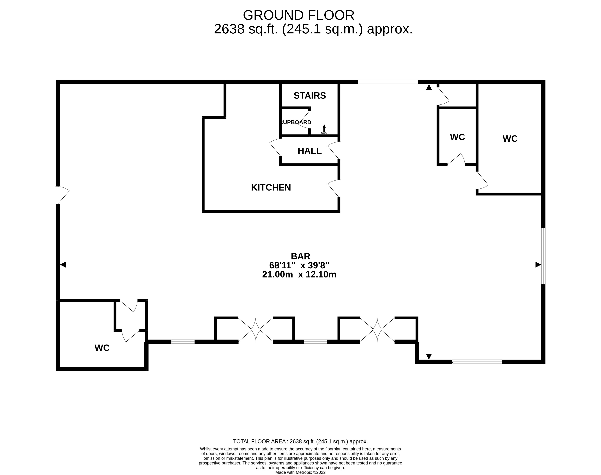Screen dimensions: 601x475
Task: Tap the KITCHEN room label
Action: coord(271,187)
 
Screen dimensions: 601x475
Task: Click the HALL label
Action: coord(309,151)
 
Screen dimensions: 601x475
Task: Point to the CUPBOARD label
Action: coord(296,122)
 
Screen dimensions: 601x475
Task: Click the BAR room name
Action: coord(300,256)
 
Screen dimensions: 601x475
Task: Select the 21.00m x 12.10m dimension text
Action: coord(299,275)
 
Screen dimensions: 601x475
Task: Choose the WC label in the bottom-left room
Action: coord(102,348)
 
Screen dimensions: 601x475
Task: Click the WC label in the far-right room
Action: coord(510,139)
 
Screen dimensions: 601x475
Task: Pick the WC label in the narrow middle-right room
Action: coord(457,137)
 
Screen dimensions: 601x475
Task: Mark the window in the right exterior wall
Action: coord(543,256)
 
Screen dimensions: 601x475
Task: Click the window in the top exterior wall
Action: coord(388,82)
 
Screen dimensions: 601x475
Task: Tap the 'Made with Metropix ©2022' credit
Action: coord(300,472)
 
